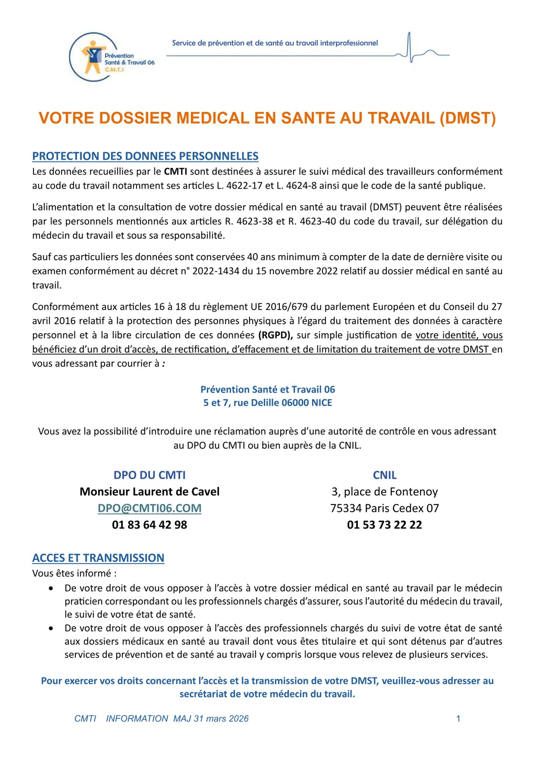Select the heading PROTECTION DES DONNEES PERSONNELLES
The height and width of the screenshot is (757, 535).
[x=145, y=156]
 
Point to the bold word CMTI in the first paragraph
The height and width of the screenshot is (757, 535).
[x=175, y=171]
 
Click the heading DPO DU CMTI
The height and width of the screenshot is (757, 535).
[x=150, y=475]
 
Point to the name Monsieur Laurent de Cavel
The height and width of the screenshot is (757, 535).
[x=150, y=492]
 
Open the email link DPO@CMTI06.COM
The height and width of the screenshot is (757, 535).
[x=150, y=508]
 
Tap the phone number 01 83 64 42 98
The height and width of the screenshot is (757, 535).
[x=150, y=525]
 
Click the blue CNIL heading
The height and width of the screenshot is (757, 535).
[x=385, y=475]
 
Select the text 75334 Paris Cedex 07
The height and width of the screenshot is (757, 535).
[x=385, y=508]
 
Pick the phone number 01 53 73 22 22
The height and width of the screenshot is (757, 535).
[x=385, y=525]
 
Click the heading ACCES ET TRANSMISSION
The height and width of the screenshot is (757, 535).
[x=98, y=558]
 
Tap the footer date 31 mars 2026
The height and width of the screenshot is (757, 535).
[x=221, y=719]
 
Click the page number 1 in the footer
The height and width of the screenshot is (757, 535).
[x=458, y=719]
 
